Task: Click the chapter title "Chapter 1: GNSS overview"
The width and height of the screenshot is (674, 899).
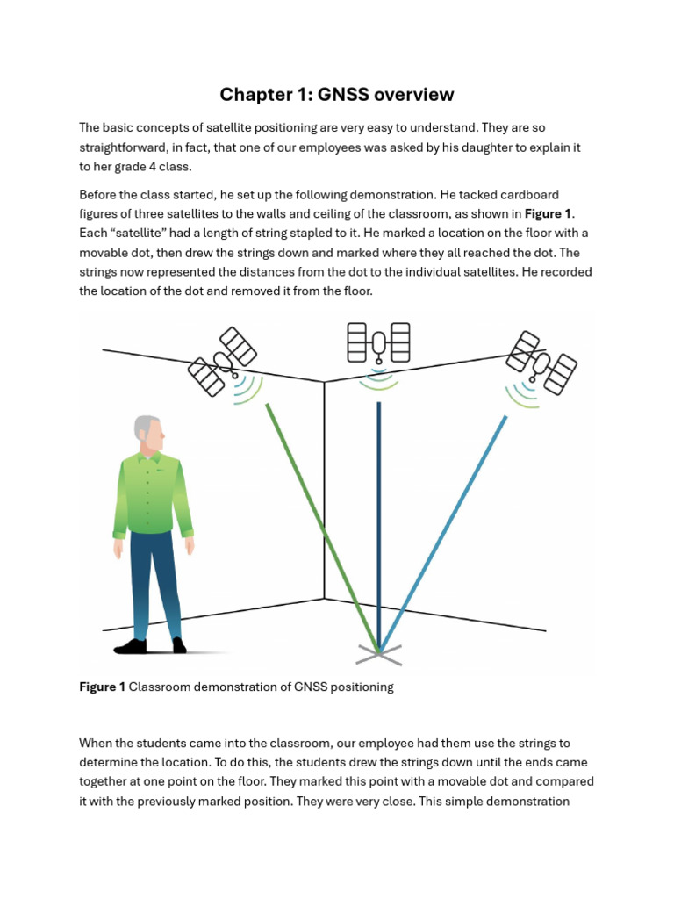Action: [x=337, y=94]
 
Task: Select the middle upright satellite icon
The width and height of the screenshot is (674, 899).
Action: [x=378, y=342]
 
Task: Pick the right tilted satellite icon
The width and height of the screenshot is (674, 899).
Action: [x=541, y=362]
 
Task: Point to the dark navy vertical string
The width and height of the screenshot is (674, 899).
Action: [x=379, y=527]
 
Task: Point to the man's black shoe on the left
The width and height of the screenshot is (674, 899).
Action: [x=131, y=647]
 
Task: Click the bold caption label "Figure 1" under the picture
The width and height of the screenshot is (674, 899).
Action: [x=102, y=687]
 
